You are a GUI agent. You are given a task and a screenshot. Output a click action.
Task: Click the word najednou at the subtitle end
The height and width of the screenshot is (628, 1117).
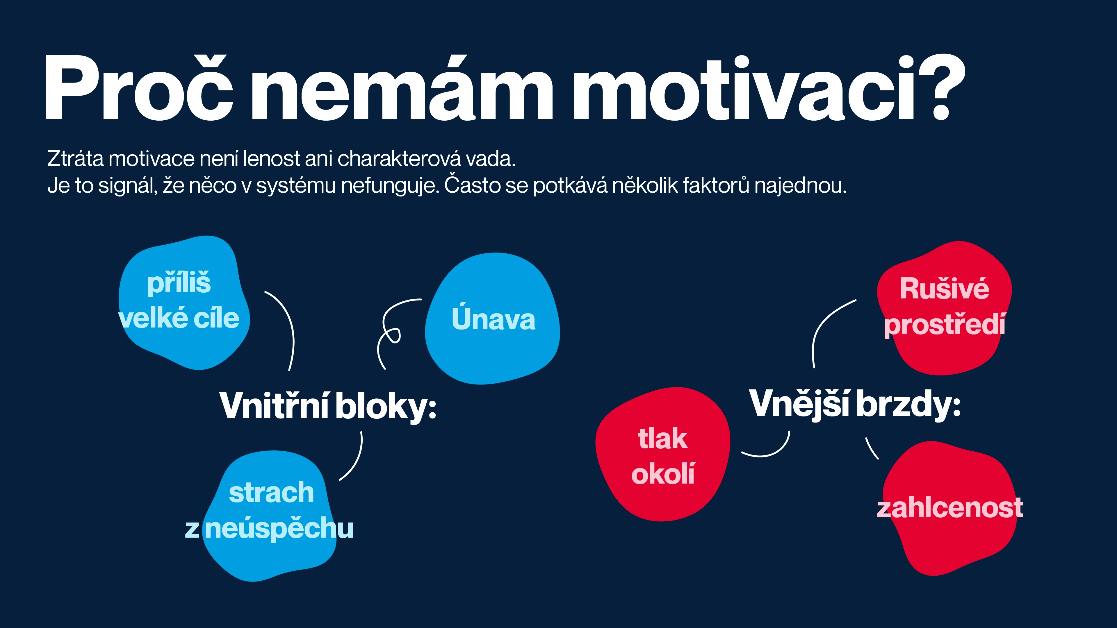coord(800,185)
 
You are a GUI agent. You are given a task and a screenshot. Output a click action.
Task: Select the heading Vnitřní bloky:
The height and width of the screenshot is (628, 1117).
coord(328,406)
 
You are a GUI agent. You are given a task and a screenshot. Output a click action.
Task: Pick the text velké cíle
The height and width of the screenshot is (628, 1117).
coord(179,319)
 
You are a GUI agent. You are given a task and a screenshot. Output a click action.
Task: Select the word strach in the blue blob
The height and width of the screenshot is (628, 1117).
coord(271,493)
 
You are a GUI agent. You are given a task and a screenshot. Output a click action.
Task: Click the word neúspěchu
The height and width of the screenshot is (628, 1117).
coord(279,528)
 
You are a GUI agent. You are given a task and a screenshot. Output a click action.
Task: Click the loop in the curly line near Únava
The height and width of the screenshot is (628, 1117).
coord(392,335)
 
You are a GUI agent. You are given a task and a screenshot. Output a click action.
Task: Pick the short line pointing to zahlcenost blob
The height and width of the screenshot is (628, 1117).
coord(872,449)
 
